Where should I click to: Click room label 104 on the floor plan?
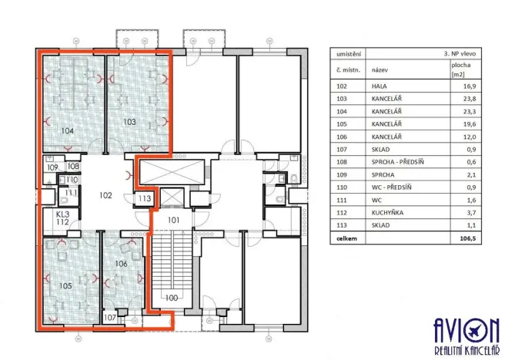click(67, 132)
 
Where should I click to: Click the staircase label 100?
click(171, 297)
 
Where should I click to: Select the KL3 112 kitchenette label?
click(64, 219)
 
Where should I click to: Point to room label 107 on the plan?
click(110, 317)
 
